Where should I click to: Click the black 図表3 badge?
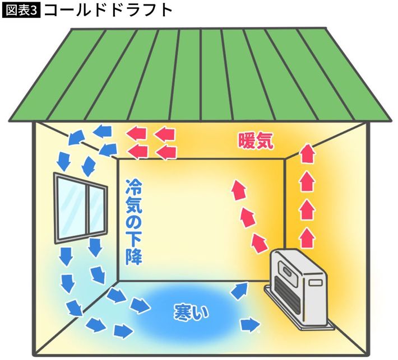click(21, 11)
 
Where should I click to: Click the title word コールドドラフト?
click(108, 11)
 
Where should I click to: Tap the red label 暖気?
click(256, 141)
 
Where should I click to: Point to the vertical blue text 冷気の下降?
click(134, 222)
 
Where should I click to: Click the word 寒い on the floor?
click(191, 312)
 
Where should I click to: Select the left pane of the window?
click(72, 208)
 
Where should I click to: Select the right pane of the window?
click(96, 211)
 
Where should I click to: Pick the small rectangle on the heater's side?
click(315, 283)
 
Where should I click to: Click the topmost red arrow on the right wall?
click(307, 153)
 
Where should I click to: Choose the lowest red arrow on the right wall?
click(307, 238)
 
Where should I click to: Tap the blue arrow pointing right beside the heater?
click(250, 325)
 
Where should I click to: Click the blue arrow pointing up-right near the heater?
click(239, 291)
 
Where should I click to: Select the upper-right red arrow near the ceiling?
click(165, 134)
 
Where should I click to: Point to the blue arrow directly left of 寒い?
click(140, 305)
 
